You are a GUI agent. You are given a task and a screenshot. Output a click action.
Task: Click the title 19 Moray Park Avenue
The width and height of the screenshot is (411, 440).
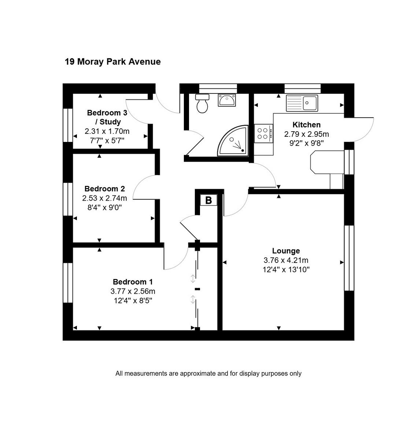(112, 62)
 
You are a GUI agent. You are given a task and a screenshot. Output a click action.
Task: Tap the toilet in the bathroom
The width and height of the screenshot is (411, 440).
(202, 104)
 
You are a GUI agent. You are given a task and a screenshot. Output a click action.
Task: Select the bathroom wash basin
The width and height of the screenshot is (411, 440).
(227, 100)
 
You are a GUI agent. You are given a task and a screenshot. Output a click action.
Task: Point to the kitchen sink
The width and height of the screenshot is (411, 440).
(302, 103)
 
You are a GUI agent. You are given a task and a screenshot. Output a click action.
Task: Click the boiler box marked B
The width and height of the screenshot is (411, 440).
(208, 200)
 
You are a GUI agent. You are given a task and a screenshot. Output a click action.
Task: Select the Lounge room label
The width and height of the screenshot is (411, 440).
(286, 251)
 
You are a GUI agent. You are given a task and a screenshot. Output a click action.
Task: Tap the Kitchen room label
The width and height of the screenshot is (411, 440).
(306, 125)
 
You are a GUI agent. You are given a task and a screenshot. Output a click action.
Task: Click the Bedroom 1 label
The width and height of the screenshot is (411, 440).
(133, 282)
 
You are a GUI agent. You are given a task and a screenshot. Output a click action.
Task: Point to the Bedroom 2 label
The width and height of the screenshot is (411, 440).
(104, 189)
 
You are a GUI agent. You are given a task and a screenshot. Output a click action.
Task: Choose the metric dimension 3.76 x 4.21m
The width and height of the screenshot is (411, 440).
(286, 260)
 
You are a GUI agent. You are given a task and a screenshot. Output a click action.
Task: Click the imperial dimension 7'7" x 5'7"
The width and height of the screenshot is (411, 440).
(107, 140)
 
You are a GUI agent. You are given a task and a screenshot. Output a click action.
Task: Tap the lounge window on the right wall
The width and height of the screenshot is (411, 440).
(349, 258)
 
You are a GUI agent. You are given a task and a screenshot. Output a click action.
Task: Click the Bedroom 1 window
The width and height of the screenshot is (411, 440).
(68, 282)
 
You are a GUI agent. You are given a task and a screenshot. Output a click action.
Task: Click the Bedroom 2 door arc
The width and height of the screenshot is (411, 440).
(144, 187)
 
